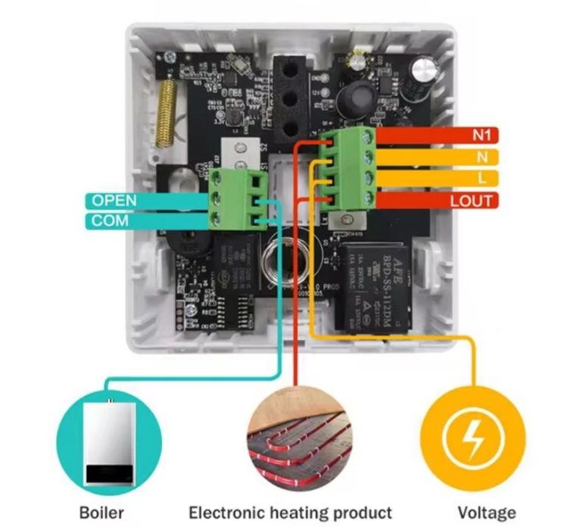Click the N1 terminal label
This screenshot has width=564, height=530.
[481, 136]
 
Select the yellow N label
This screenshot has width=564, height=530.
[482, 157]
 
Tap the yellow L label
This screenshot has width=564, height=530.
[482, 179]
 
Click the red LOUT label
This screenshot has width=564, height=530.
[471, 201]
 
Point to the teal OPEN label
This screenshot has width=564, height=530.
[114, 201]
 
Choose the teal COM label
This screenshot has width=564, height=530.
[111, 222]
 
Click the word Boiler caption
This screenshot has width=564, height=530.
[101, 512]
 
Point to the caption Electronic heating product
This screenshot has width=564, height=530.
[291, 512]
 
